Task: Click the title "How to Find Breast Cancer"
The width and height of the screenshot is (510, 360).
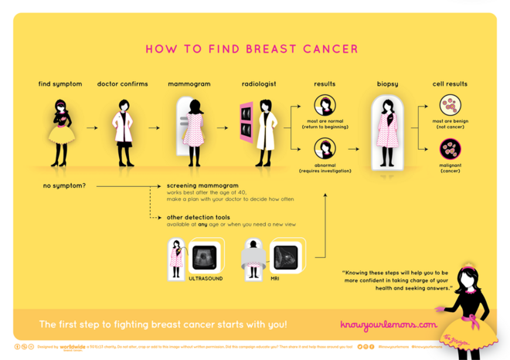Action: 252,49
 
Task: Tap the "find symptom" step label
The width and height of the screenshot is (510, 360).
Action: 60,84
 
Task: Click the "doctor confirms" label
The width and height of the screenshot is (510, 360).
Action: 122,84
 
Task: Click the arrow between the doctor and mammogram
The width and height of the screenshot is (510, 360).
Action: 155,127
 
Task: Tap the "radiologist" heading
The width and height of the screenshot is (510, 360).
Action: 258,84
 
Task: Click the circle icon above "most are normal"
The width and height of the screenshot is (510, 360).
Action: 325,105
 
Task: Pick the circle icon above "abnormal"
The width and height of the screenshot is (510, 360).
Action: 325,148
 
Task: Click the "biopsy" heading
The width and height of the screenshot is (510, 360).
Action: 387,84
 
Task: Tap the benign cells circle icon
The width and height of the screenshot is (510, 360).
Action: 450,105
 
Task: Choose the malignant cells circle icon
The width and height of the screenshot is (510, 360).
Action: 450,148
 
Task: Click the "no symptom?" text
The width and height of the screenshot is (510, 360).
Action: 64,185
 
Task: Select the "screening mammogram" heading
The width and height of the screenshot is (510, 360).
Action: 202,186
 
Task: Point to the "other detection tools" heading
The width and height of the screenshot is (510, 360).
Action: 199,217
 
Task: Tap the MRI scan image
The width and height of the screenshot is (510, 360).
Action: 287,255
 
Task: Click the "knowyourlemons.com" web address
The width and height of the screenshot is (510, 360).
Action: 389,324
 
